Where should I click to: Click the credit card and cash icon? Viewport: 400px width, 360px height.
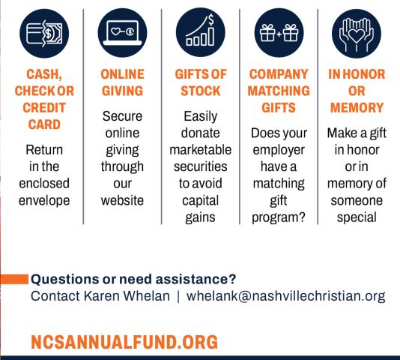[44, 33]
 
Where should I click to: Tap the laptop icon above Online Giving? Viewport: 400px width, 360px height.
[122, 33]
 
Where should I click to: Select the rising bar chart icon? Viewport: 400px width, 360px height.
[201, 32]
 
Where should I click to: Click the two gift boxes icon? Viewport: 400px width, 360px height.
[279, 33]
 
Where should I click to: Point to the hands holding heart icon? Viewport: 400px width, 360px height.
[357, 34]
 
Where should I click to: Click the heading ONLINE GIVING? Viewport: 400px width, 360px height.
[122, 82]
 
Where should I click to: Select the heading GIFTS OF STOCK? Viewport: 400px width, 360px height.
[201, 82]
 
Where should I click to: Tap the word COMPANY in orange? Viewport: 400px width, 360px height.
[279, 74]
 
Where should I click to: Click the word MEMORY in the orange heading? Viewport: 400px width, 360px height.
[357, 107]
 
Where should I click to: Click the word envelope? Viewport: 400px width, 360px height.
[44, 201]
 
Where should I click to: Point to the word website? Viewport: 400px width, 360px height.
[122, 200]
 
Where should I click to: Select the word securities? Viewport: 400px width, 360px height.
[201, 166]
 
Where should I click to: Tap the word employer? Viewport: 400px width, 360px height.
[279, 150]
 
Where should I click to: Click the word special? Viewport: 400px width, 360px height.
[357, 217]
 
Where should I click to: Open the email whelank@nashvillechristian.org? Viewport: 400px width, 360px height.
[285, 296]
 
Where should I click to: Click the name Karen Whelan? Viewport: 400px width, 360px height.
[127, 296]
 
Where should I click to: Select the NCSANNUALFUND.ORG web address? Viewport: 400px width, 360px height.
[124, 341]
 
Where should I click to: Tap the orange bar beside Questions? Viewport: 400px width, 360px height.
[14, 279]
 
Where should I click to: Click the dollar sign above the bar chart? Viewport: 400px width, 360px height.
[211, 19]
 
